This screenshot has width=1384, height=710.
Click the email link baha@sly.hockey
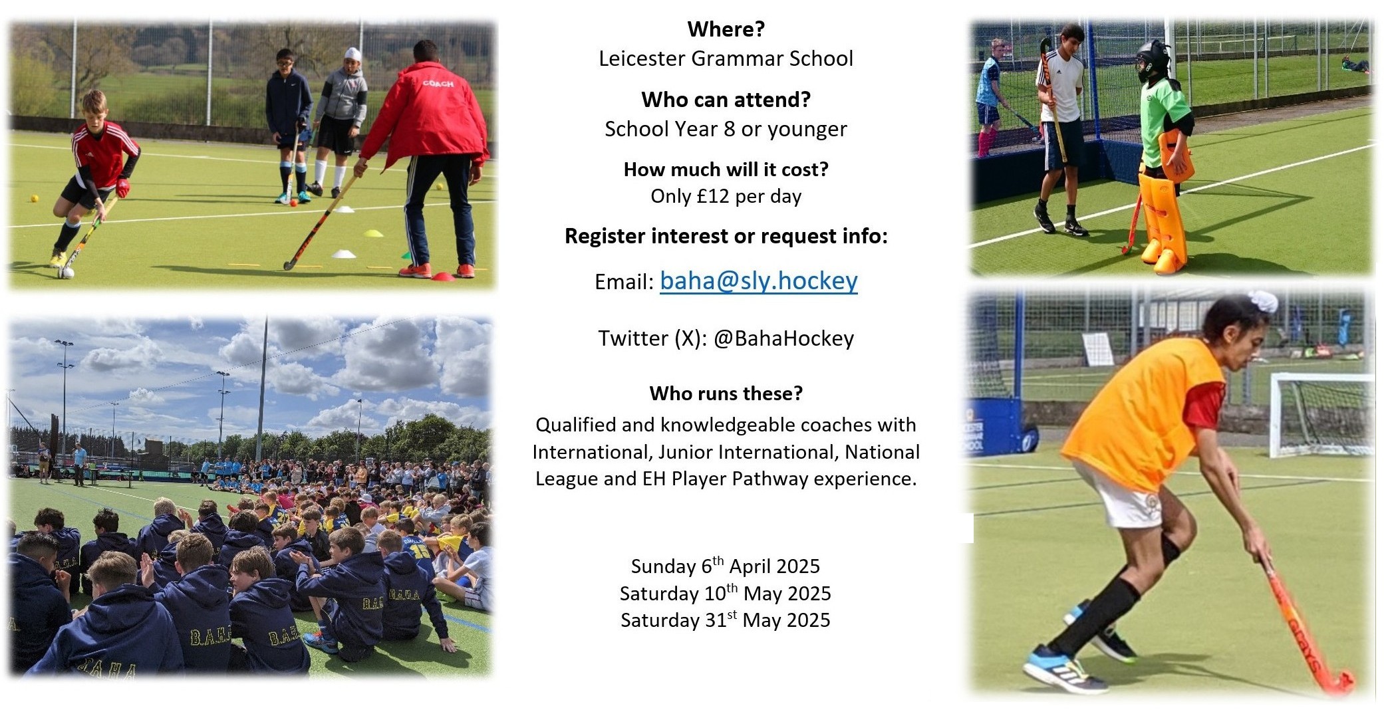(x=758, y=281)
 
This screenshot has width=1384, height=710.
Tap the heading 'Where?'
(x=726, y=29)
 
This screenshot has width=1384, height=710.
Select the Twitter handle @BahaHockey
(x=783, y=338)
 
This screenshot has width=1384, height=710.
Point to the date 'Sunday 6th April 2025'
(x=726, y=566)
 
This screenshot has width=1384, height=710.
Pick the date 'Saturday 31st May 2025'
(x=726, y=620)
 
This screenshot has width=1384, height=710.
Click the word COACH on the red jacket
(x=438, y=84)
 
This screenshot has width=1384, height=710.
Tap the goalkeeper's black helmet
(x=1153, y=61)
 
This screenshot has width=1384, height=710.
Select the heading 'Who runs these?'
(x=726, y=394)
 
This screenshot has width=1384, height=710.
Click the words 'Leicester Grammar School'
(x=726, y=59)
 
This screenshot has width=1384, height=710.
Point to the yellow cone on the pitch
(x=374, y=233)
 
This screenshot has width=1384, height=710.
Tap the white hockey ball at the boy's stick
(x=66, y=272)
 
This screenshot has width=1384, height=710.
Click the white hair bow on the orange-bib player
(x=1262, y=301)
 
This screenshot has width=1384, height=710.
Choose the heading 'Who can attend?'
(x=726, y=100)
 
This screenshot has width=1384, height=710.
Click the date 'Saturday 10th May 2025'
(x=726, y=592)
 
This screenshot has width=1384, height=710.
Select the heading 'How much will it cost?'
(x=726, y=170)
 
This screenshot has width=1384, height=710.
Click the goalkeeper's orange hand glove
(x=1176, y=156)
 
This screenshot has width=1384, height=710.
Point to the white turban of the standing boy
(x=352, y=54)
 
